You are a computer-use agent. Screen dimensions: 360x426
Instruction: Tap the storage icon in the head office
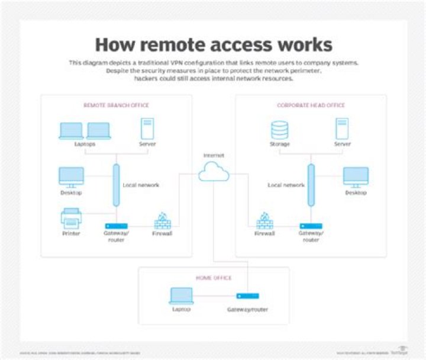[279, 129]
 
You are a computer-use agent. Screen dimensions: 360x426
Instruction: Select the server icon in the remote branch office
[147, 128]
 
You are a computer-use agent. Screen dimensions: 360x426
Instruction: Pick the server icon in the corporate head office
[342, 129]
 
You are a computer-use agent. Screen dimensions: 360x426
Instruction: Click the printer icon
[71, 218]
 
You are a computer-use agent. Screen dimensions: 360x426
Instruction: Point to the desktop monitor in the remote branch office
[71, 177]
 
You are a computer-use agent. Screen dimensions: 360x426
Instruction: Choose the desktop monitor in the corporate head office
[356, 177]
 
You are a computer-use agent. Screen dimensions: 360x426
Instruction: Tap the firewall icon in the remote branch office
[162, 220]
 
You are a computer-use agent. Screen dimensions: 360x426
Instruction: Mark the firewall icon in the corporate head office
[264, 220]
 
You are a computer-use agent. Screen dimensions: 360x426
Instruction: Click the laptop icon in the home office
[181, 295]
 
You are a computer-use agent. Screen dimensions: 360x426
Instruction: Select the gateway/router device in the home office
[247, 295]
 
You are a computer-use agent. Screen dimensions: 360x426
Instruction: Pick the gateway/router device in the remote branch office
[116, 226]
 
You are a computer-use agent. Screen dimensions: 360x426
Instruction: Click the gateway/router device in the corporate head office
[311, 226]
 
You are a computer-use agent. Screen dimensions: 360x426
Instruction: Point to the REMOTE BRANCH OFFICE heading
[116, 105]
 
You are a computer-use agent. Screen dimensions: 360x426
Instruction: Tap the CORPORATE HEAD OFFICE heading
[311, 105]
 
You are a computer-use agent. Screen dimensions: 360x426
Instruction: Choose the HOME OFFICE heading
[214, 277]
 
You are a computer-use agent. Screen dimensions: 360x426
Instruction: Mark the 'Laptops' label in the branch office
[85, 144]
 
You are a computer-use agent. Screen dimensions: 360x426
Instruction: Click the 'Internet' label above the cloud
[214, 155]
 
